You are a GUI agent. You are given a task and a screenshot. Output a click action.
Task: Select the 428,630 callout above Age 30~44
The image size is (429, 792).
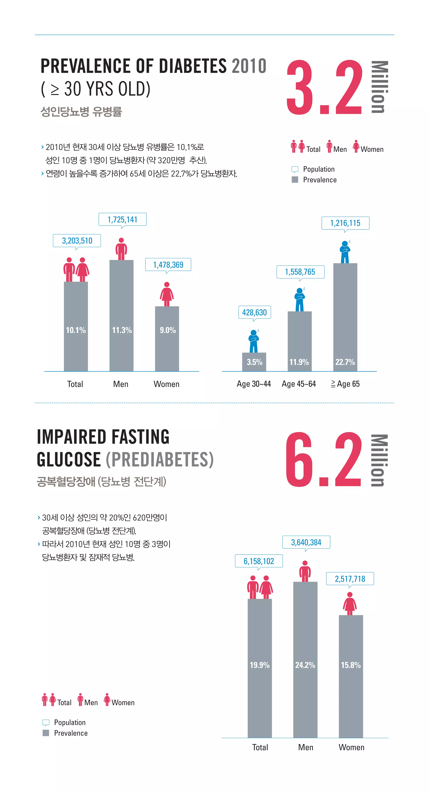tap(254, 312)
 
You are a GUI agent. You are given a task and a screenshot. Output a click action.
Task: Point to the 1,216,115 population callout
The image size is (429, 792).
tap(345, 223)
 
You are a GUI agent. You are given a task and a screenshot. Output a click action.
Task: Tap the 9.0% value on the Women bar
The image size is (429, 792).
tap(167, 330)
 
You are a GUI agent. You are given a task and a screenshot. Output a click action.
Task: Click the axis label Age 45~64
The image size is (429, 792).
tap(299, 384)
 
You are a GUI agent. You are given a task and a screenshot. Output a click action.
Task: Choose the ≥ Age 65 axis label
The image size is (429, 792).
tap(345, 384)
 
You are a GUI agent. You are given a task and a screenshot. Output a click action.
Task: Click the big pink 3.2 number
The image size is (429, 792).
tap(324, 88)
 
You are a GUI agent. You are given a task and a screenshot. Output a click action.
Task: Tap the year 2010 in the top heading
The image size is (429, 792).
tap(249, 66)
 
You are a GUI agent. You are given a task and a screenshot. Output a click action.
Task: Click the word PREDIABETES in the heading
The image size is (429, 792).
tap(159, 460)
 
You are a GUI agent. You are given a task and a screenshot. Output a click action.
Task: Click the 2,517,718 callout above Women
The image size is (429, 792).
tap(350, 579)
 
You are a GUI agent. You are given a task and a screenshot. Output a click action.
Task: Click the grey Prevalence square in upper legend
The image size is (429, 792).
tap(295, 180)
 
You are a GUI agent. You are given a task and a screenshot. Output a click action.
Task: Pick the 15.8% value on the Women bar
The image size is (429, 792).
tap(351, 665)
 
